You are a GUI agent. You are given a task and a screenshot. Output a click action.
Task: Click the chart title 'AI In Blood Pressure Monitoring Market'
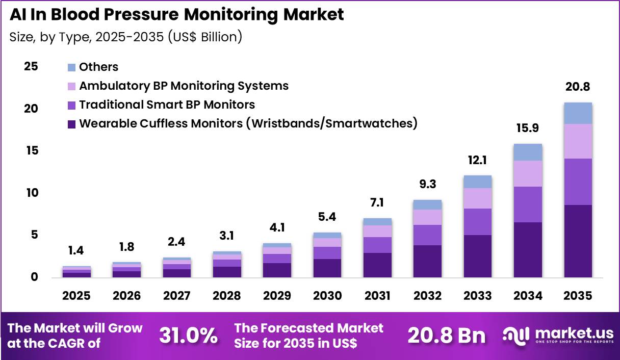click(176, 15)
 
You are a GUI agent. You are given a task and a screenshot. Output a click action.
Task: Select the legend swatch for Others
click(71, 67)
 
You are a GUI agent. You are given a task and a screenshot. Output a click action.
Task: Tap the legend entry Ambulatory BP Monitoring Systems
click(184, 86)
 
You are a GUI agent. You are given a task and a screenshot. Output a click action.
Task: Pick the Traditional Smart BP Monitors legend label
click(167, 105)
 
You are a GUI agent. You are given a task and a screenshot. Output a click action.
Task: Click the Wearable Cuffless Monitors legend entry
click(248, 123)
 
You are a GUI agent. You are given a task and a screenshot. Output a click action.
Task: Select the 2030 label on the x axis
click(327, 296)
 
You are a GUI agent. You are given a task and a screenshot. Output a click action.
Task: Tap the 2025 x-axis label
click(76, 296)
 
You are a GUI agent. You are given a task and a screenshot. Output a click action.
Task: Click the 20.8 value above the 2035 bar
click(578, 87)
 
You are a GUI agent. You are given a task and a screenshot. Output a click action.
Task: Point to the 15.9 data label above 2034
click(528, 128)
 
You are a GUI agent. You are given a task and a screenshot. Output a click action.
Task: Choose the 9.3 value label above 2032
click(427, 184)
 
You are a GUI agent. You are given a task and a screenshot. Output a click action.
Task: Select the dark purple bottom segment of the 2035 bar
click(578, 241)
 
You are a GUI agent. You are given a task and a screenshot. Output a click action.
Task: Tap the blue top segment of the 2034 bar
click(528, 152)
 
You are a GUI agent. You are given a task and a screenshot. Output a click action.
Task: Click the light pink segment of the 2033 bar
click(477, 198)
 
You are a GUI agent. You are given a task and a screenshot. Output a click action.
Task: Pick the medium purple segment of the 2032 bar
click(427, 235)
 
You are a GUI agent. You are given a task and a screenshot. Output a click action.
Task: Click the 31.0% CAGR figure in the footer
click(188, 336)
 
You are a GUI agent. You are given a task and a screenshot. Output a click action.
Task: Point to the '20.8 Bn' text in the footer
click(446, 336)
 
